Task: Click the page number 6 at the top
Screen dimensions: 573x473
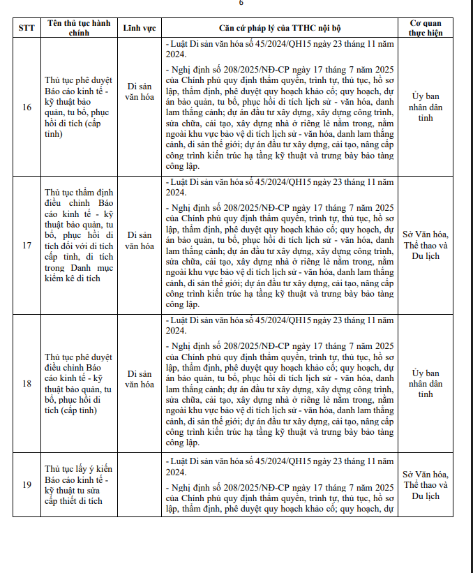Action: coord(241,3)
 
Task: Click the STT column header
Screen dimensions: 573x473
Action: coord(27,28)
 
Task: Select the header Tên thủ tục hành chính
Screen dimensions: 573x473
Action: coord(78,28)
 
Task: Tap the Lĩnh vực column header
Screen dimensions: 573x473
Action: coord(140,28)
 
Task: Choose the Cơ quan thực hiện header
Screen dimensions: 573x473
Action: coord(426,28)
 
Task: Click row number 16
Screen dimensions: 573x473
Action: coord(27,107)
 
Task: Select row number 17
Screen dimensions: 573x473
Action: coord(27,245)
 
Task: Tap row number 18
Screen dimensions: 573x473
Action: coord(27,383)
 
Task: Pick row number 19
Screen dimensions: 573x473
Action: coord(27,484)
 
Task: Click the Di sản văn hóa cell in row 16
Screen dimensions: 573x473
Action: coord(140,91)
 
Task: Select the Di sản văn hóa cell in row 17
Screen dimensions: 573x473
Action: coord(140,240)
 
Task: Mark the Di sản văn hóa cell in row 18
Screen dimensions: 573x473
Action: coord(140,378)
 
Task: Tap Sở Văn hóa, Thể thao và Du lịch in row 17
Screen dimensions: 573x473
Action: coord(426,245)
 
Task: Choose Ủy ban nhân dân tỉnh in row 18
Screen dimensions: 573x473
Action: coord(426,383)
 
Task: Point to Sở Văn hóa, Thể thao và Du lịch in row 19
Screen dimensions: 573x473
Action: coord(426,485)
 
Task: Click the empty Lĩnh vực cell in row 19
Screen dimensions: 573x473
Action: coord(140,484)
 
